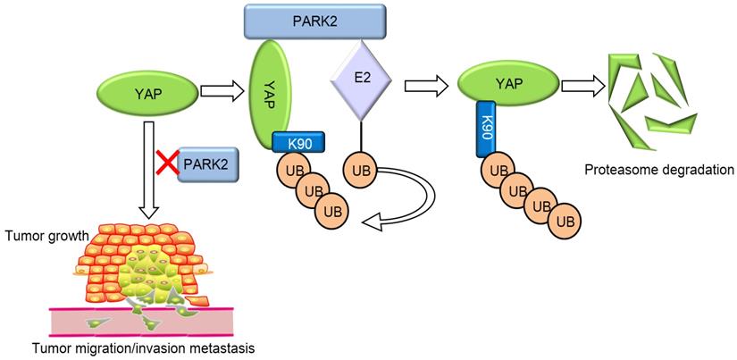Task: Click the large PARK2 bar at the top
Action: click(x=314, y=20)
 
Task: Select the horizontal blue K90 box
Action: click(x=297, y=140)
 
